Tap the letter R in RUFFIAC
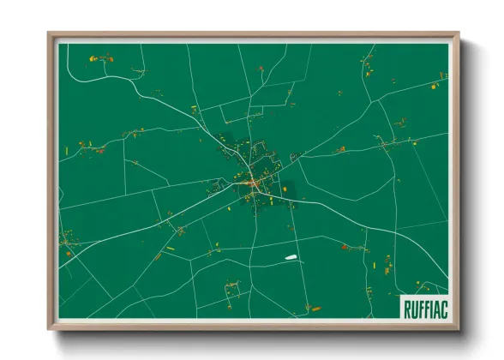click(x=405, y=306)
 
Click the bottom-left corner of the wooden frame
click(x=50, y=328)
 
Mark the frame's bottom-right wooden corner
click(x=458, y=328)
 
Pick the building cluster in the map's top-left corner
click(x=100, y=59)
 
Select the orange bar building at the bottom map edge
click(x=315, y=309)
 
